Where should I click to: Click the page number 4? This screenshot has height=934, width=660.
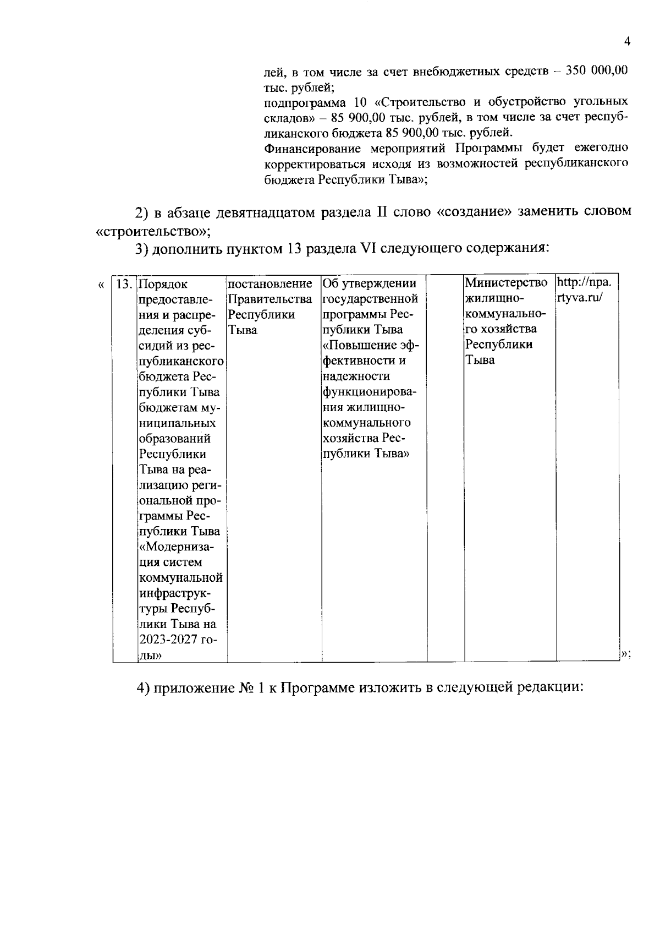(626, 42)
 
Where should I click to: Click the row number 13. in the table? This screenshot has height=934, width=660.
(125, 284)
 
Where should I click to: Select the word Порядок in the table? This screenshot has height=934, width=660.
(163, 285)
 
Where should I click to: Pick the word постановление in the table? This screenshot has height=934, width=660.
(269, 284)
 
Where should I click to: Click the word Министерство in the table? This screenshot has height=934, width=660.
(506, 283)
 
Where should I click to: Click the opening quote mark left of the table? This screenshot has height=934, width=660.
(100, 285)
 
